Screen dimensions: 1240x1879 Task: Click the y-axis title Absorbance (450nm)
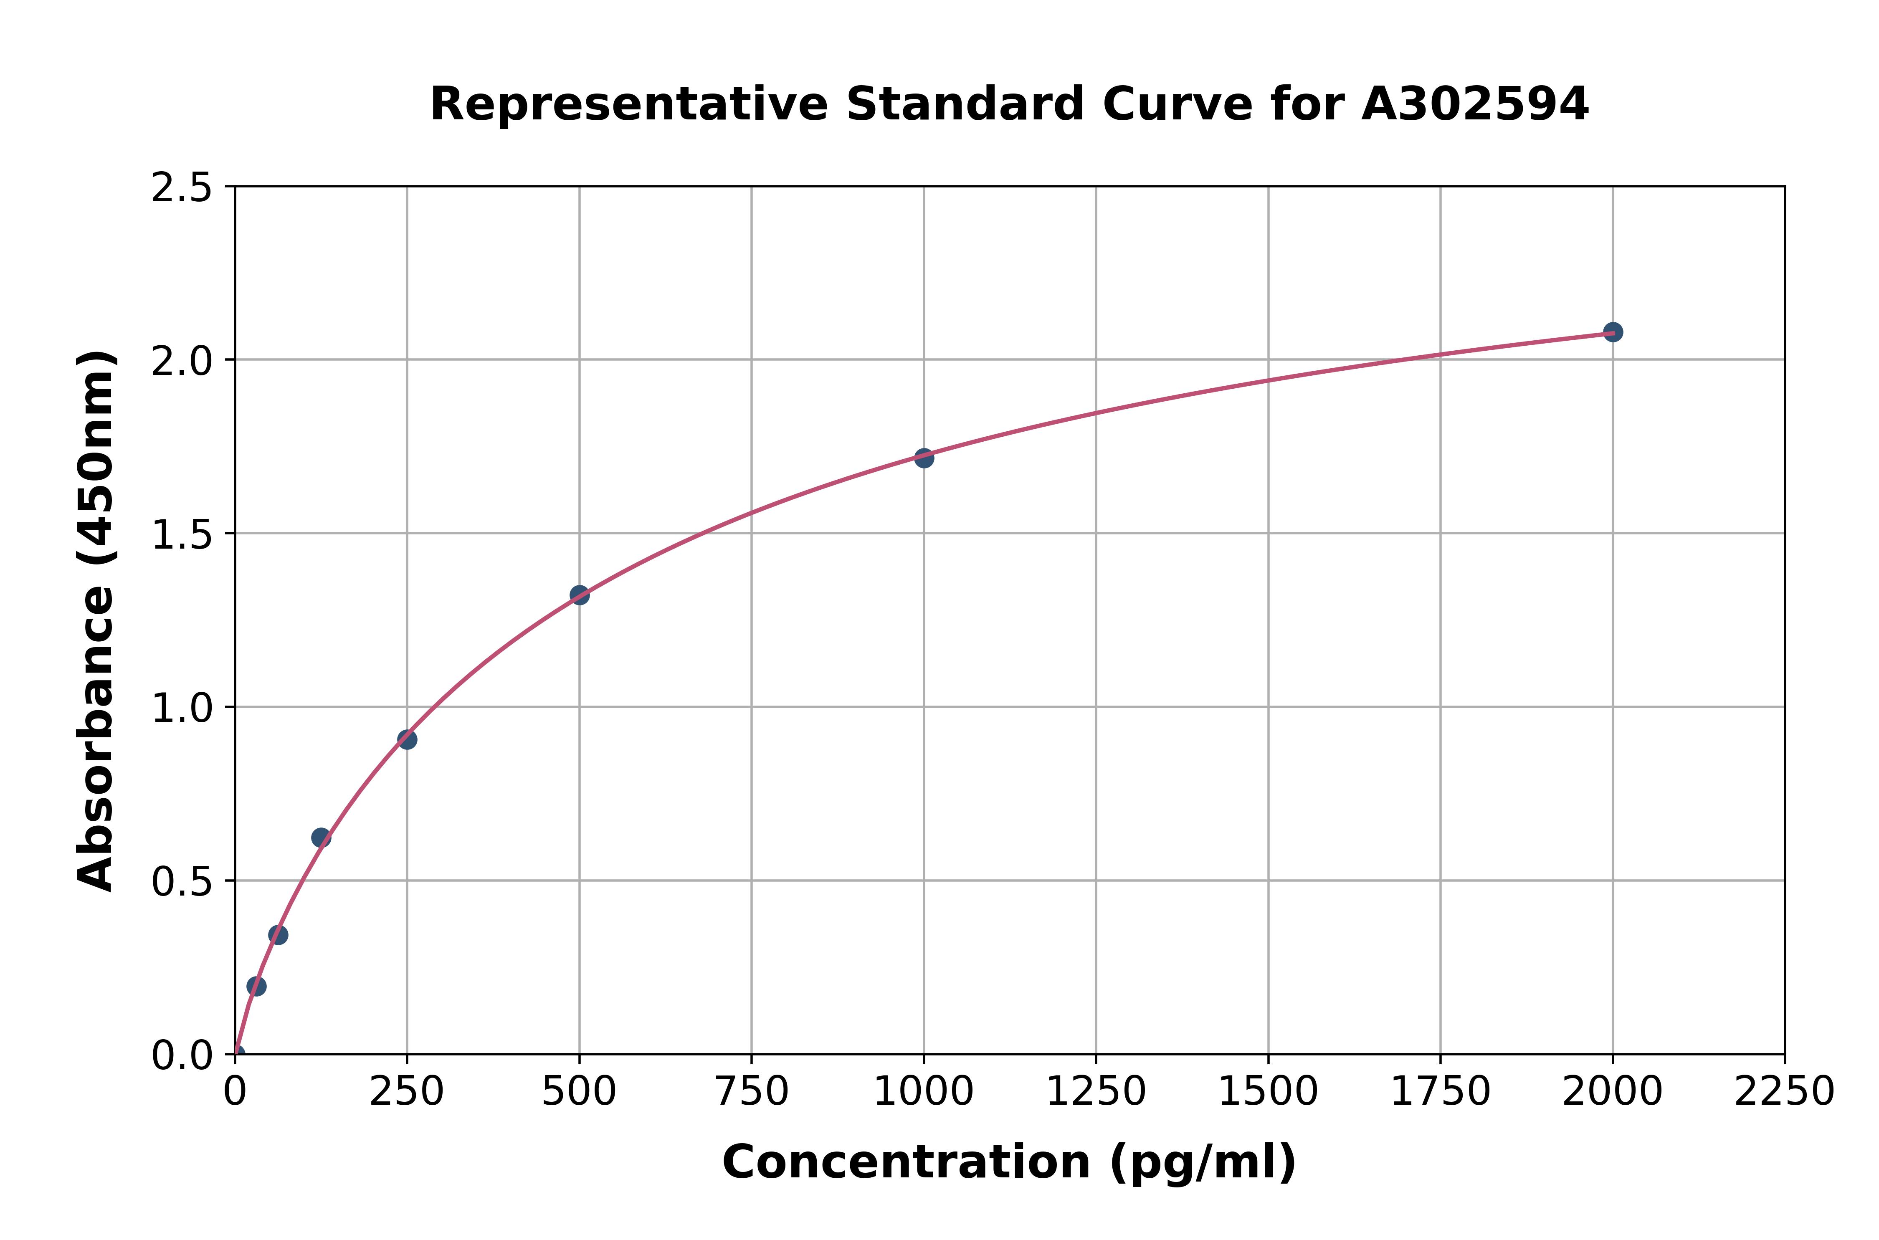(96, 621)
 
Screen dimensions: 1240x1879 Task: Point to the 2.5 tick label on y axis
(182, 188)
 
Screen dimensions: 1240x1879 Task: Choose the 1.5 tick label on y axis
(182, 535)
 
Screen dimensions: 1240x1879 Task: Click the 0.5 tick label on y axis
(182, 882)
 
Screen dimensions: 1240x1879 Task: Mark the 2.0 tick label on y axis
(182, 362)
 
